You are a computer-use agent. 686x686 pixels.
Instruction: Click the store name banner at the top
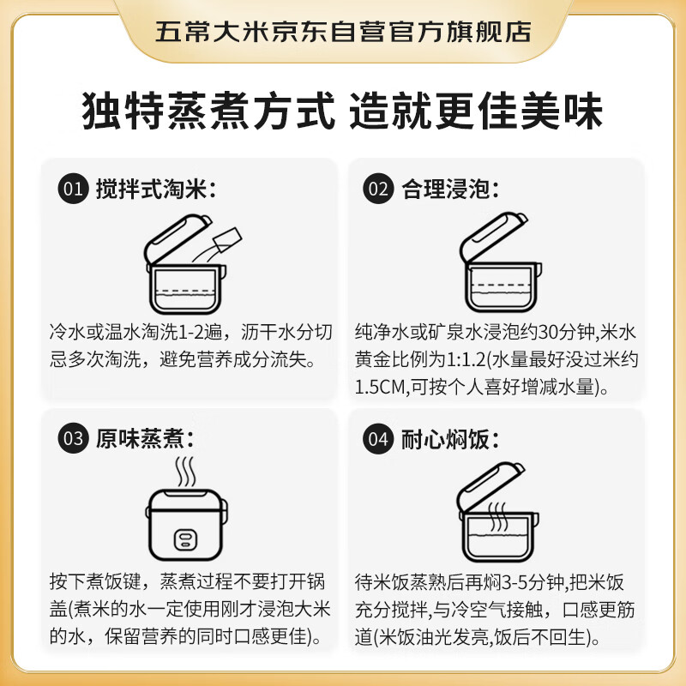343,32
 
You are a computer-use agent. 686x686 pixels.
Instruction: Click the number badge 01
73,189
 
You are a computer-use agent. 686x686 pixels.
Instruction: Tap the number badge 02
377,189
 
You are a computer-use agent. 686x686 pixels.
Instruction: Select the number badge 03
73,440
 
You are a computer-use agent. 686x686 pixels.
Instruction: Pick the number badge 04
377,440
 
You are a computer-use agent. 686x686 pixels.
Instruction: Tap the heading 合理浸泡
449,189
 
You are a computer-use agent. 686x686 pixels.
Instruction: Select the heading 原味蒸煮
145,440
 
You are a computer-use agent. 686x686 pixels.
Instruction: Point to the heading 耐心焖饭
449,440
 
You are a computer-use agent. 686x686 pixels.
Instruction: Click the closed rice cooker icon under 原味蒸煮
185,525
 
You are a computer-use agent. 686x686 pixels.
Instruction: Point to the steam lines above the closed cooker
185,472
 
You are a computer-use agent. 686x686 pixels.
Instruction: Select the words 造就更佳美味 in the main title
476,111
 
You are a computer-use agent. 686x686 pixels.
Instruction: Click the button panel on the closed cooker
185,539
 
